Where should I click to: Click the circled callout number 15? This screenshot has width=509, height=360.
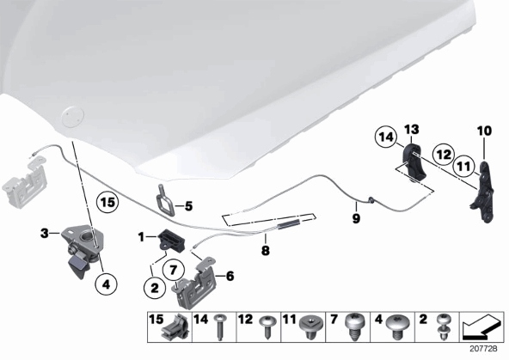pyautogui.click(x=107, y=203)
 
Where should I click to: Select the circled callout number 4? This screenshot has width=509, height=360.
pyautogui.click(x=106, y=284)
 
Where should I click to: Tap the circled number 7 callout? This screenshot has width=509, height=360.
pyautogui.click(x=173, y=270)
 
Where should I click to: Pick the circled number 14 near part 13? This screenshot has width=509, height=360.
pyautogui.click(x=386, y=137)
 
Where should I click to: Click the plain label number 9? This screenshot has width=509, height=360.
pyautogui.click(x=356, y=218)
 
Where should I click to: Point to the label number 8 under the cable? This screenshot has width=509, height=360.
pyautogui.click(x=265, y=250)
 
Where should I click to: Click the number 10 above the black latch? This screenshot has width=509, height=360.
pyautogui.click(x=484, y=131)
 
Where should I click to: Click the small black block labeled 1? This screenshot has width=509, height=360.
pyautogui.click(x=171, y=240)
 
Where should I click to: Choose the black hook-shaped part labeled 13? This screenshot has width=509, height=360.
pyautogui.click(x=414, y=162)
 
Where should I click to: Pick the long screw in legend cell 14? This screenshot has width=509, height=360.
pyautogui.click(x=220, y=326)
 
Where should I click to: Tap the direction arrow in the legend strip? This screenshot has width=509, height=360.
pyautogui.click(x=482, y=326)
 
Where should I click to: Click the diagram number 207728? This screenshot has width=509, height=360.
pyautogui.click(x=484, y=349)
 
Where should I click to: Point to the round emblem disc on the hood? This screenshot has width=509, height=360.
pyautogui.click(x=72, y=117)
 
